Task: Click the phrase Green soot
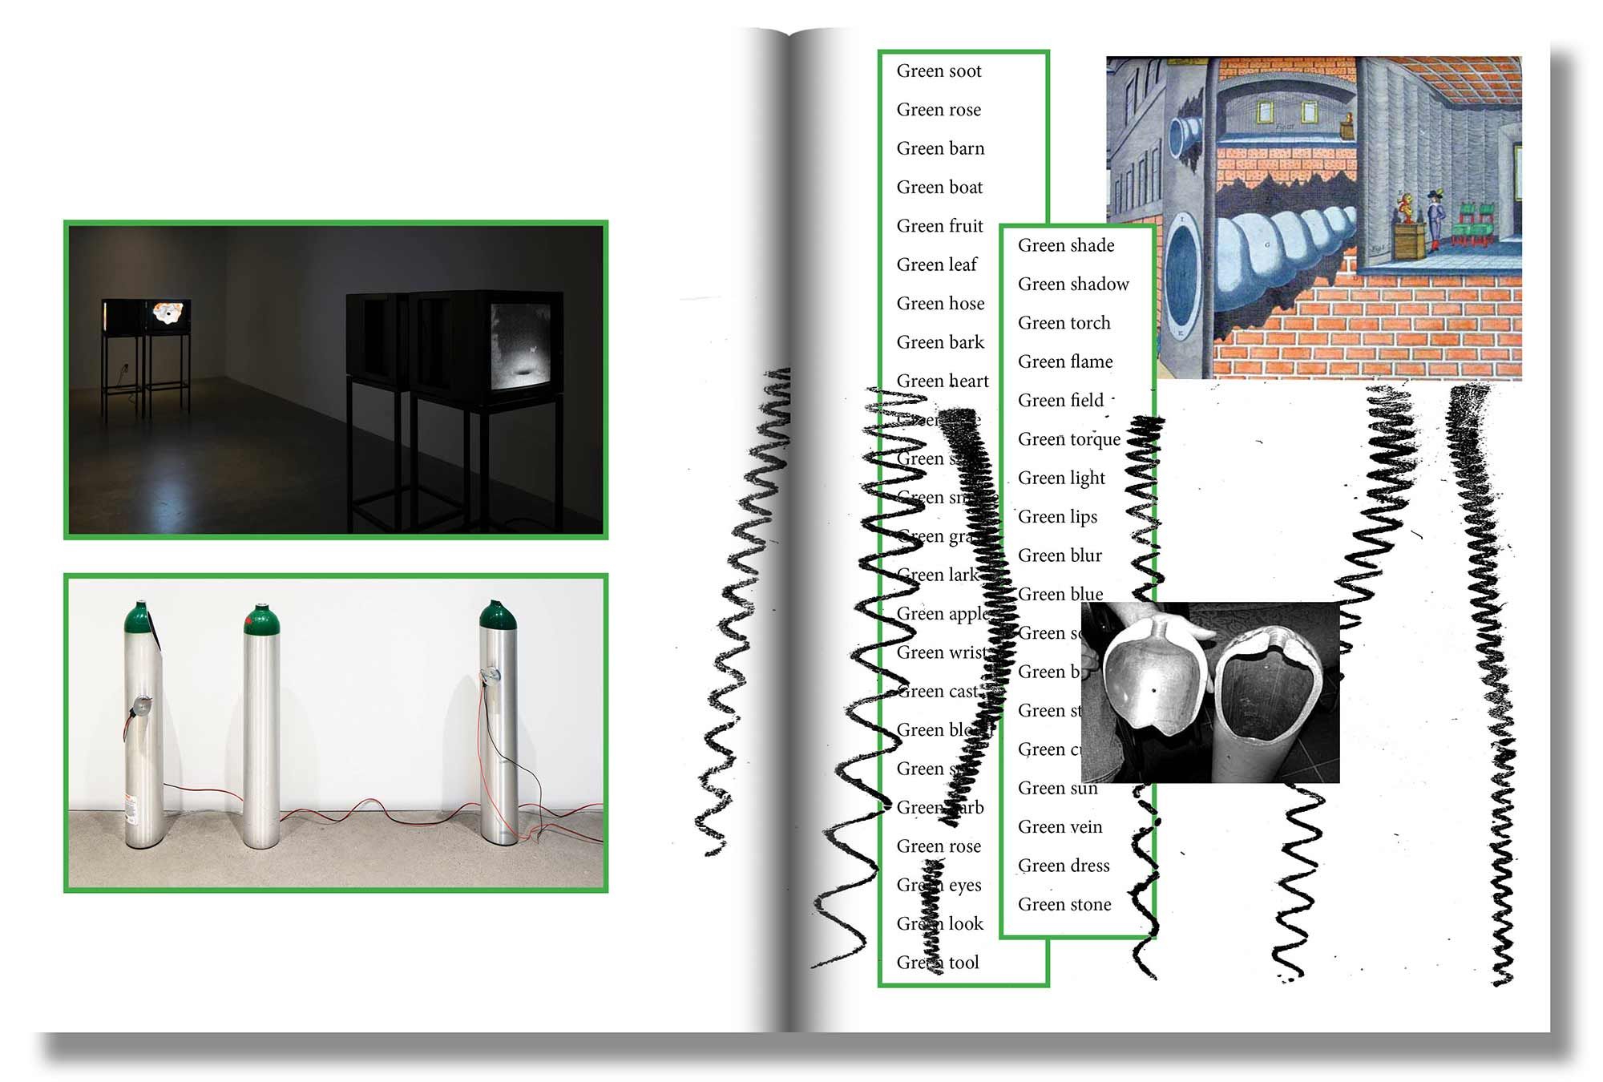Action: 939,71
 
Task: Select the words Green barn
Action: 940,149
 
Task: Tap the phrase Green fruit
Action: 939,226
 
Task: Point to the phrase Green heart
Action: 943,382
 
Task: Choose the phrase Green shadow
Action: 1073,285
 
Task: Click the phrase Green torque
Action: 1069,439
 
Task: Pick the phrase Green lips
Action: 1057,517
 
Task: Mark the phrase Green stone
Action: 1064,905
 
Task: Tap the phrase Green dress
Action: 1064,866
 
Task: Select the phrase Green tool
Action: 938,963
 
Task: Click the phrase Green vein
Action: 1060,827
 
